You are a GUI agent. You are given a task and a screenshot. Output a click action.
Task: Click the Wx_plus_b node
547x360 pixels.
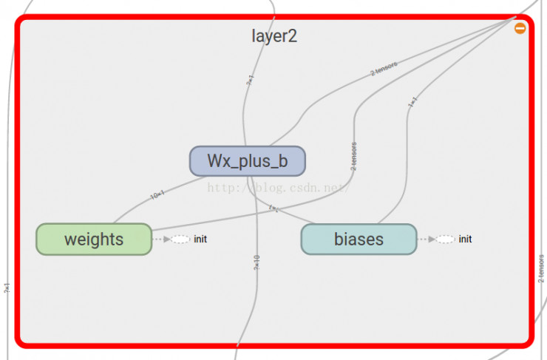(247, 161)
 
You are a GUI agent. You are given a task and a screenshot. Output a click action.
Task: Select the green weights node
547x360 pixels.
(94, 240)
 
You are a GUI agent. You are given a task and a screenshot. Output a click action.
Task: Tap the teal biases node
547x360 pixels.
(359, 240)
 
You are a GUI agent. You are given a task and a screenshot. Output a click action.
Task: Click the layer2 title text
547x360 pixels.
(274, 36)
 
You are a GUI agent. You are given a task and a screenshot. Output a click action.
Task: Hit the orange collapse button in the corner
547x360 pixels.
(520, 28)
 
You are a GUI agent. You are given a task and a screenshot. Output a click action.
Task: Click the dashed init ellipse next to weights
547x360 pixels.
(181, 240)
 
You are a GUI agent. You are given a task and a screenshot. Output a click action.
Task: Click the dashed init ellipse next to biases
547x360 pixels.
(445, 240)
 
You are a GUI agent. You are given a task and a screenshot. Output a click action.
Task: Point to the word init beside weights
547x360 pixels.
(200, 240)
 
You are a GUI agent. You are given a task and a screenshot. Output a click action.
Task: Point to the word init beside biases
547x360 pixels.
(465, 240)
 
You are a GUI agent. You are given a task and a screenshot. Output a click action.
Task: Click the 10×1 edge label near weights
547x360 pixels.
(157, 195)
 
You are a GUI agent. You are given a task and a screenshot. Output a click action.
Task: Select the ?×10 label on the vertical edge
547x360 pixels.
(256, 262)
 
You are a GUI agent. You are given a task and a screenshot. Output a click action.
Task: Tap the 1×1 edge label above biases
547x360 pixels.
(413, 101)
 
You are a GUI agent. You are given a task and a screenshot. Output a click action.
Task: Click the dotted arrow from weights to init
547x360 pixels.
(161, 240)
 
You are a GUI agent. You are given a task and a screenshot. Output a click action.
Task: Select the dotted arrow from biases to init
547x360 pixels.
(425, 240)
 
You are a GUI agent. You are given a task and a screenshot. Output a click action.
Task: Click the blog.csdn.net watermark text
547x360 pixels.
(277, 188)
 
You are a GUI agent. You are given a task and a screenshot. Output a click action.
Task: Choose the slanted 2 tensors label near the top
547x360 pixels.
(384, 69)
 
